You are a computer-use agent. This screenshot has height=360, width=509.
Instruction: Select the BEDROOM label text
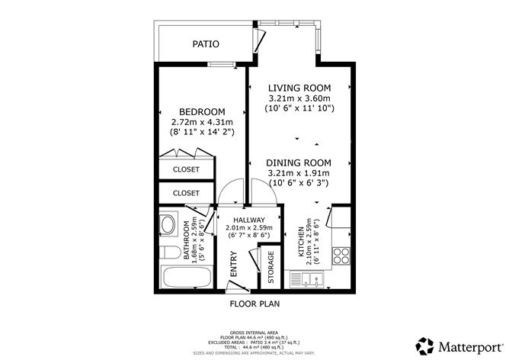pyautogui.click(x=201, y=111)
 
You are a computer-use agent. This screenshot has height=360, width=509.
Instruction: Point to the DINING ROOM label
pyautogui.click(x=299, y=162)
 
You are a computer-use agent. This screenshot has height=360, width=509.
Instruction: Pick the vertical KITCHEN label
pyautogui.click(x=300, y=243)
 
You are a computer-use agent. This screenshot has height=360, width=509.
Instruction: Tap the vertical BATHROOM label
pyautogui.click(x=186, y=243)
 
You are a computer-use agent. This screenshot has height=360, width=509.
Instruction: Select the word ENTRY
pyautogui.click(x=235, y=264)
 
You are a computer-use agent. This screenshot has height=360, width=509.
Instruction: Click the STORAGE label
pyautogui.click(x=271, y=268)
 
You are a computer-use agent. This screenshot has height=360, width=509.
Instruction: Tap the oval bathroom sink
pyautogui.click(x=168, y=226)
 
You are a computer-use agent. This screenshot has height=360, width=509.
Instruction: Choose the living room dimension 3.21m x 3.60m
pyautogui.click(x=299, y=98)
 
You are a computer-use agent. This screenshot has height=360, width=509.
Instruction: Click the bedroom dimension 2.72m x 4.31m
pyautogui.click(x=201, y=122)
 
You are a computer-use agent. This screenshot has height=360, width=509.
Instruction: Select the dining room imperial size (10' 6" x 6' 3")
pyautogui.click(x=299, y=183)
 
